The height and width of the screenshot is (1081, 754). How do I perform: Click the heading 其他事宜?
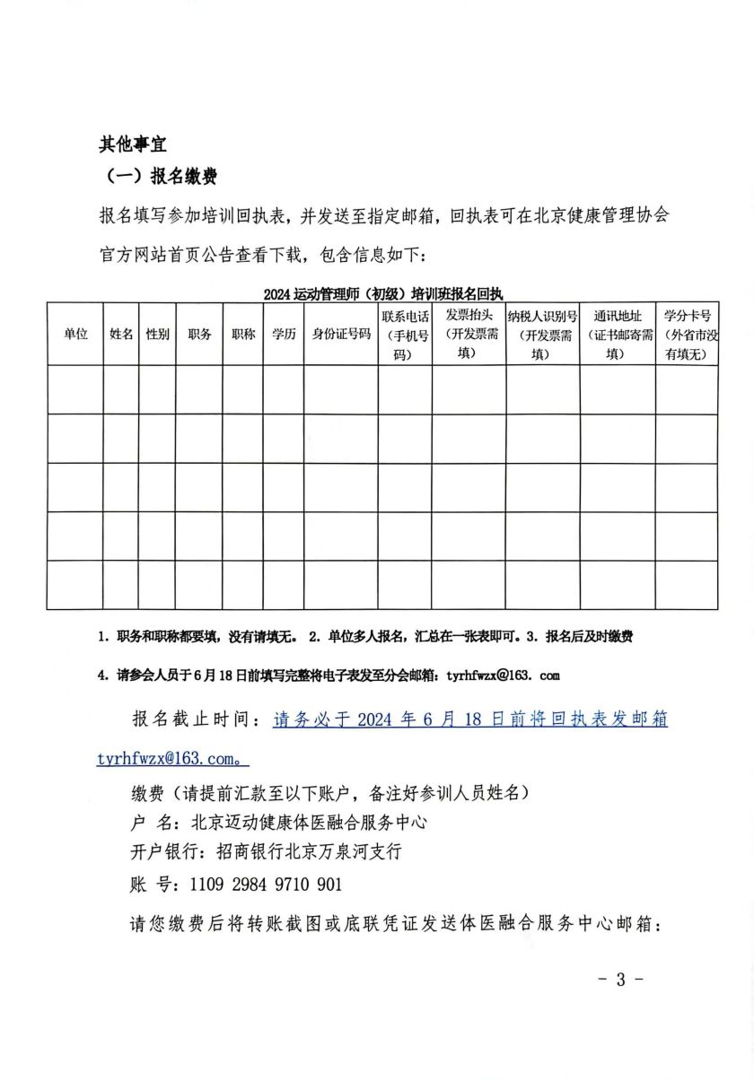[x=132, y=144]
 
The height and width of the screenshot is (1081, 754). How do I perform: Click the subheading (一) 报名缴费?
[x=157, y=177]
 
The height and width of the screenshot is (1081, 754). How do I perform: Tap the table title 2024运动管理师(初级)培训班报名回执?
[x=383, y=293]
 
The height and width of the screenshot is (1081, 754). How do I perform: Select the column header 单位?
[x=75, y=334]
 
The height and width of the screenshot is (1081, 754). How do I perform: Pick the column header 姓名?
[x=121, y=334]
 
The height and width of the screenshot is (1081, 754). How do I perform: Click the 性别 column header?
[x=157, y=334]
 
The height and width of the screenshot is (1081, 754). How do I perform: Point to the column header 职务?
[x=199, y=334]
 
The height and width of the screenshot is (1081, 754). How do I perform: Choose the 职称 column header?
[x=242, y=334]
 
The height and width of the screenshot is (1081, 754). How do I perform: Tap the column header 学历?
[x=283, y=334]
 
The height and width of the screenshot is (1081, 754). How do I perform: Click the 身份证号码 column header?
[x=341, y=334]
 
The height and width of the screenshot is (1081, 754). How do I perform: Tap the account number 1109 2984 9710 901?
[x=266, y=885]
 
